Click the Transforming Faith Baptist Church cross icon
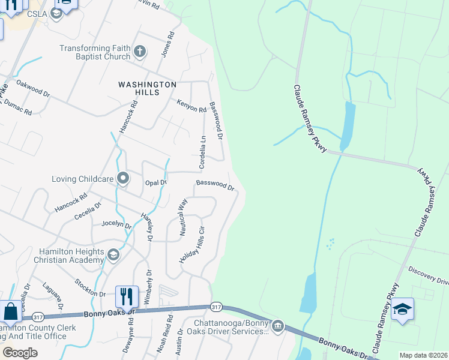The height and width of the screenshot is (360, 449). (x=139, y=51)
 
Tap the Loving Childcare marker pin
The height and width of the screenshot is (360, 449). (x=123, y=178)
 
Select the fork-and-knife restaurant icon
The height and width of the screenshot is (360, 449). (x=126, y=296)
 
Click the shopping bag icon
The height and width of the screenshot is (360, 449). (x=11, y=311)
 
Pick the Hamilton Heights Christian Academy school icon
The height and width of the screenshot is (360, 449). (x=112, y=256)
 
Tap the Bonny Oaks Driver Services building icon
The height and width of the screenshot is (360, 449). (x=277, y=327)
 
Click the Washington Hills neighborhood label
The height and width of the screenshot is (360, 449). (x=147, y=89)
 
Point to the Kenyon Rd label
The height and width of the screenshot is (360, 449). (x=191, y=105)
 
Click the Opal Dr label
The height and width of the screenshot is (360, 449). (x=155, y=182)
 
